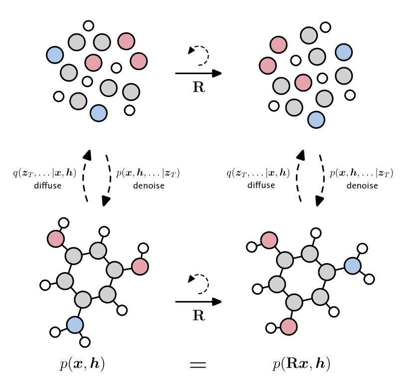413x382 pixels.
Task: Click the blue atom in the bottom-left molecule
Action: (75, 325)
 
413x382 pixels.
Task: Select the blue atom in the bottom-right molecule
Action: (353, 266)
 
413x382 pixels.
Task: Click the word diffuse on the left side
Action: (48, 186)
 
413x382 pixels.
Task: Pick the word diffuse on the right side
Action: (261, 186)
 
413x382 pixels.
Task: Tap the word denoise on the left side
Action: (147, 186)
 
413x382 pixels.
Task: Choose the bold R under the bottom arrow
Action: (199, 316)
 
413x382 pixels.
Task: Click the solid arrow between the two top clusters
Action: (198, 74)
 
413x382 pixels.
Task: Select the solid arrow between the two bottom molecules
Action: (198, 301)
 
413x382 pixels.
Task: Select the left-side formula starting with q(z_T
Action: (45, 174)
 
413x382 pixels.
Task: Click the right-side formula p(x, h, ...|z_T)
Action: (362, 174)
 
